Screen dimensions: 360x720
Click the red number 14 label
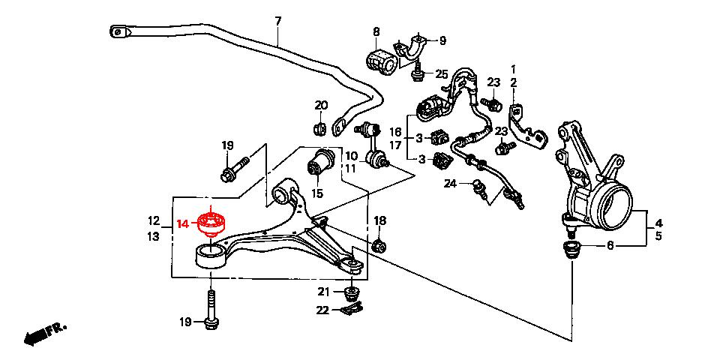point(182,223)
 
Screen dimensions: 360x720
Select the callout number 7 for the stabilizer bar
point(277,21)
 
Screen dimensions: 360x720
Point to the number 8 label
point(376,31)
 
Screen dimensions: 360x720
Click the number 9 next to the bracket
point(442,40)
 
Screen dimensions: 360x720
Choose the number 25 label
point(441,74)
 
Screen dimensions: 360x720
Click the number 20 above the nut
point(321,105)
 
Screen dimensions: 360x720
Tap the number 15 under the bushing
point(317,193)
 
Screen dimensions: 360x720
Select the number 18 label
point(380,220)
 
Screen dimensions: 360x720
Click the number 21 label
point(323,291)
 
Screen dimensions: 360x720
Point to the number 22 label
point(323,310)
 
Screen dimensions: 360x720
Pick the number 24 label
point(450,183)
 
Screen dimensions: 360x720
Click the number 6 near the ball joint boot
point(610,245)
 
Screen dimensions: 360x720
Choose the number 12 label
point(154,221)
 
